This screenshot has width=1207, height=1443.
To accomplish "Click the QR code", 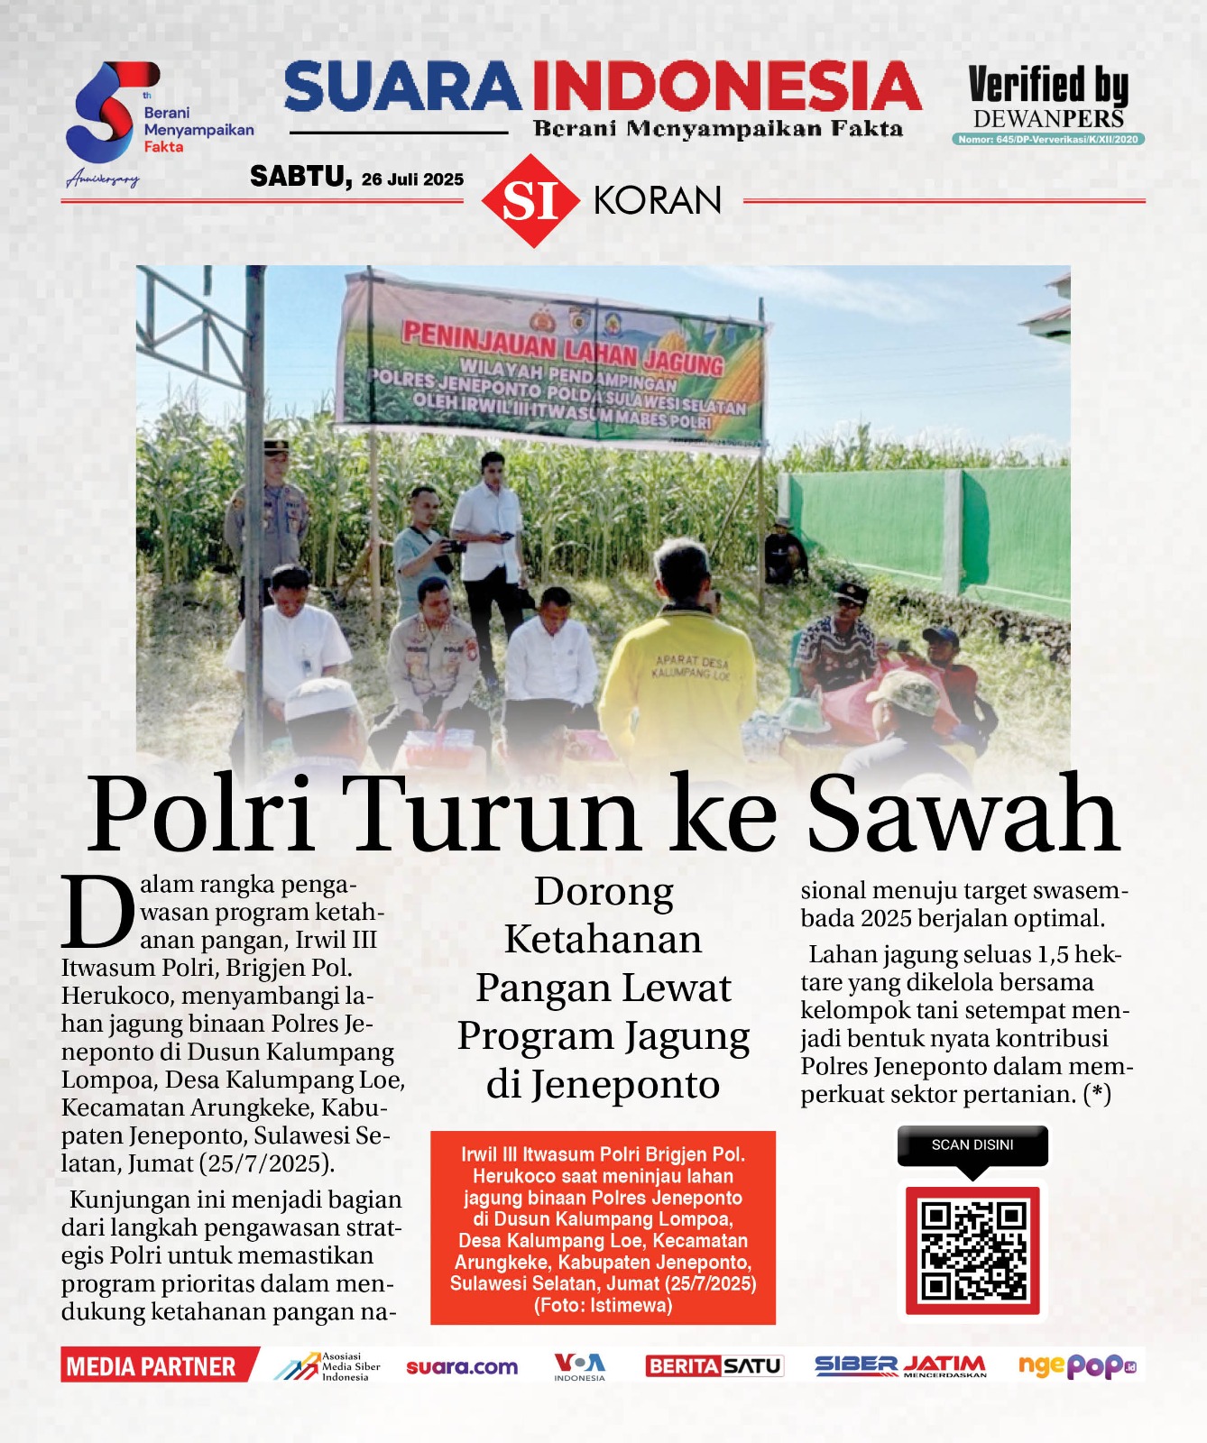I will (972, 1250).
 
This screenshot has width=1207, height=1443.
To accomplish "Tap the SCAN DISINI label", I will (972, 1145).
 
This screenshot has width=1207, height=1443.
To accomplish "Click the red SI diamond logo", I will (530, 200).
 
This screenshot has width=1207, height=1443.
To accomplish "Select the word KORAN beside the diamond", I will (658, 200).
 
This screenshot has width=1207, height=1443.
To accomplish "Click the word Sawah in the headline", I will (962, 814).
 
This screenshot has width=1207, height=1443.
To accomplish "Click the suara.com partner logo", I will (462, 1367).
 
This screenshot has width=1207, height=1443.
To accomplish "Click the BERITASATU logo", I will (714, 1366).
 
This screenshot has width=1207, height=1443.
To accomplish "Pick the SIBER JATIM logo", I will (900, 1366).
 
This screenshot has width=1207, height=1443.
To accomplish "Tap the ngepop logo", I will (1076, 1366).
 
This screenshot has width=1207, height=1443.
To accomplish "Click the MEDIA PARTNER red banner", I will (153, 1366).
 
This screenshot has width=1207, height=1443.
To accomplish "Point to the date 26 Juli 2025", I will (412, 179).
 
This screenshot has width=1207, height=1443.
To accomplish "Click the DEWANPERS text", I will (1048, 119).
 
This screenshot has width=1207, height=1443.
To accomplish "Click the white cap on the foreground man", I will (316, 699).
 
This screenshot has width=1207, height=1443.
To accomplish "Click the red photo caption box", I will (603, 1227).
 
